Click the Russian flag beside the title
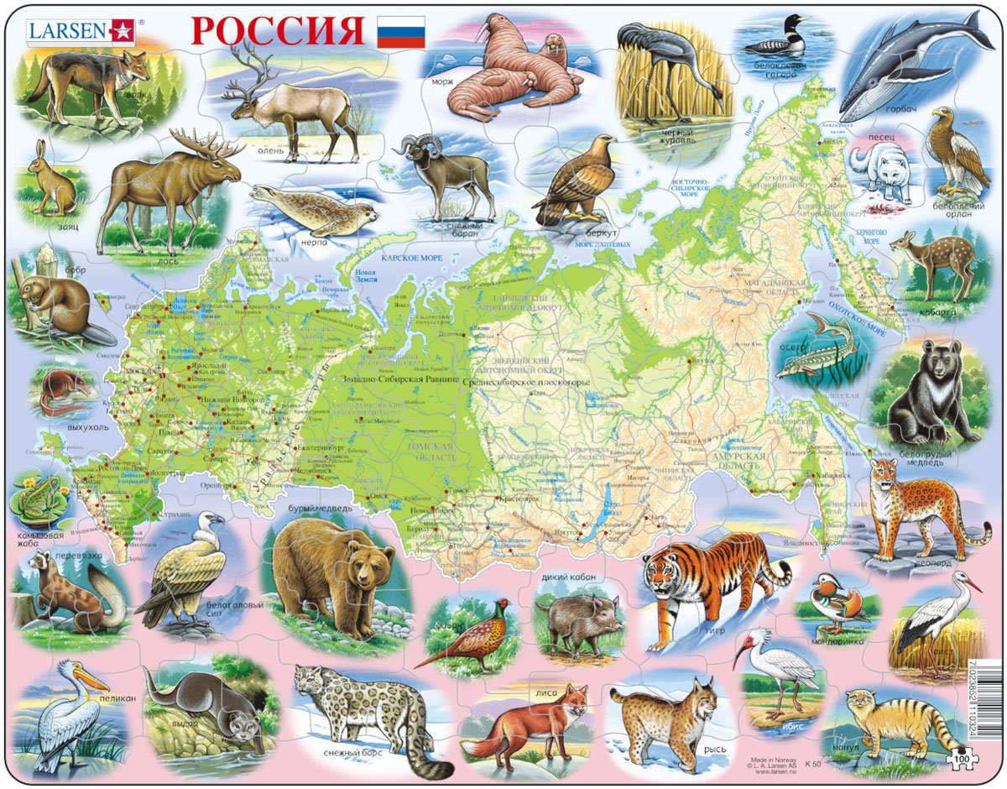pyautogui.click(x=400, y=31)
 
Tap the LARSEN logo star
pyautogui.click(x=121, y=31)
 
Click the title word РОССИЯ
pyautogui.click(x=277, y=31)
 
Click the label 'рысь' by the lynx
pyautogui.click(x=714, y=749)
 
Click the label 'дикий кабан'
pyautogui.click(x=565, y=576)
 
